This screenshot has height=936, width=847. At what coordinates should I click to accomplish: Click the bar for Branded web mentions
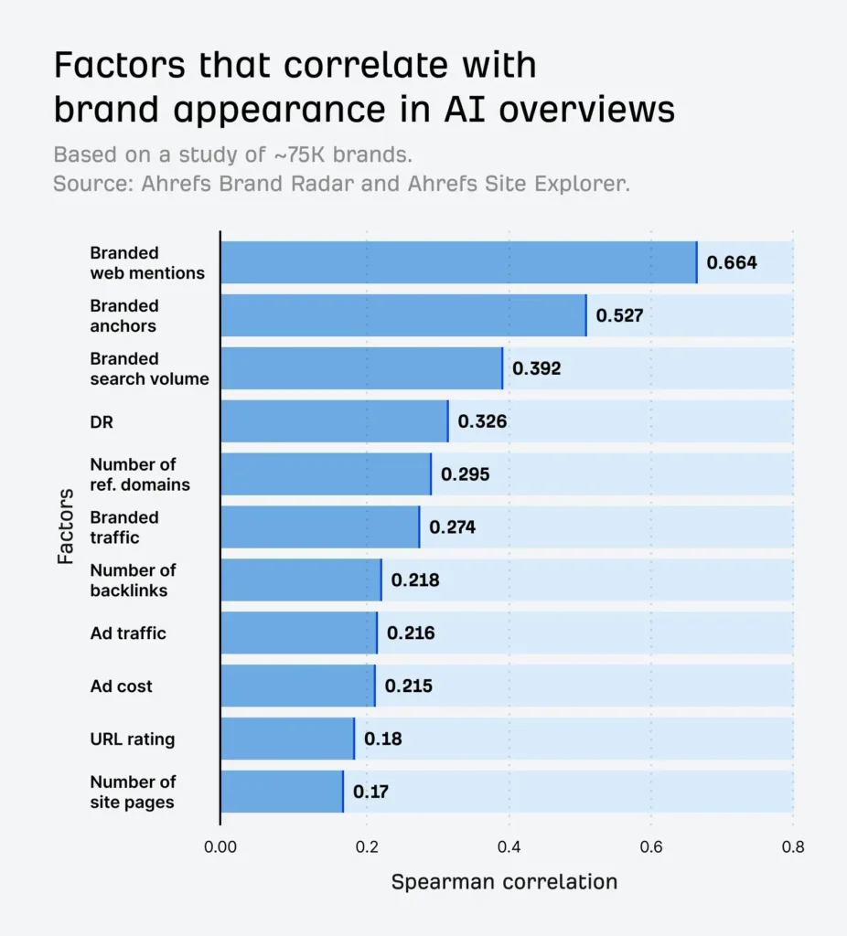[x=457, y=262]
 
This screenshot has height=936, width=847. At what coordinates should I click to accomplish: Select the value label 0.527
[x=619, y=315]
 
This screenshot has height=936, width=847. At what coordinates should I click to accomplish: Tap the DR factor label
[x=101, y=421]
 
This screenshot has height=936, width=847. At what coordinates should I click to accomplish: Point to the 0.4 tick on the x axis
[x=509, y=846]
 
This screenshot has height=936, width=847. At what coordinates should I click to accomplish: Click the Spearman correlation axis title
[x=504, y=882]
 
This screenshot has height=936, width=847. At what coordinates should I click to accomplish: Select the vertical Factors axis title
[x=66, y=526]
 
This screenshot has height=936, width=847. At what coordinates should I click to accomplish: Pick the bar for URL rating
[x=286, y=739]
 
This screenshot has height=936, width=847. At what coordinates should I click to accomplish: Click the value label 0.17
[x=370, y=792]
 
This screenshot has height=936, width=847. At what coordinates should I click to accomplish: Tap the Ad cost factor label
[x=121, y=686]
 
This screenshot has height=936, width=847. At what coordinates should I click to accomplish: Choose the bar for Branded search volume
[x=360, y=368]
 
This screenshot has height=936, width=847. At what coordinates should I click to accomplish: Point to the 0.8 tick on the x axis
[x=792, y=846]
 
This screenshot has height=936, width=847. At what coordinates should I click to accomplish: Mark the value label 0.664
[x=732, y=263]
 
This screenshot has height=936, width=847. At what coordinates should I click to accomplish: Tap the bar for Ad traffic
[x=298, y=633]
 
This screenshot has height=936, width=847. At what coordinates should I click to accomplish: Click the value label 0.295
[x=465, y=474]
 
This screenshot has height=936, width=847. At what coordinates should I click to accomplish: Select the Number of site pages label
[x=132, y=792]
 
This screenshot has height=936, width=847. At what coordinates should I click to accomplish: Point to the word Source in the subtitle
[x=91, y=183]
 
